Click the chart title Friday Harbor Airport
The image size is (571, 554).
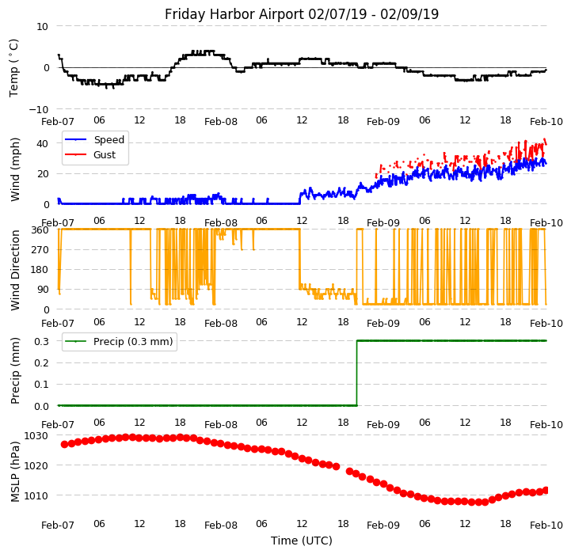coord(302,14)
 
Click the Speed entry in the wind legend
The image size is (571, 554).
coord(108,140)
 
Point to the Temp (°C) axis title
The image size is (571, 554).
coord(14,67)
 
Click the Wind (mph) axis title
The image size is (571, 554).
coord(15,169)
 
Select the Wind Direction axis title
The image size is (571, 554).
coord(15,269)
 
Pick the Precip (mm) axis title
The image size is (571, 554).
coord(15,370)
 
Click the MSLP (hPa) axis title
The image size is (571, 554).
coord(15,471)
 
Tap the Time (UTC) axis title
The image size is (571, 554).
coord(302,541)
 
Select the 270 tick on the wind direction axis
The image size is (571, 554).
coord(39,250)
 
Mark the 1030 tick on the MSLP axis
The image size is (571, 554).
coord(36,436)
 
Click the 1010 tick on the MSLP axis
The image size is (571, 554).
coord(36,496)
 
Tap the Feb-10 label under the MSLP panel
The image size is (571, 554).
coord(546,526)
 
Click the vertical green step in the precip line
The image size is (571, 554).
coord(356,373)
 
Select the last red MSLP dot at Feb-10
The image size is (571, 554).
coord(546,490)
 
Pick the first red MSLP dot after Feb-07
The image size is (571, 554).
coord(64,444)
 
